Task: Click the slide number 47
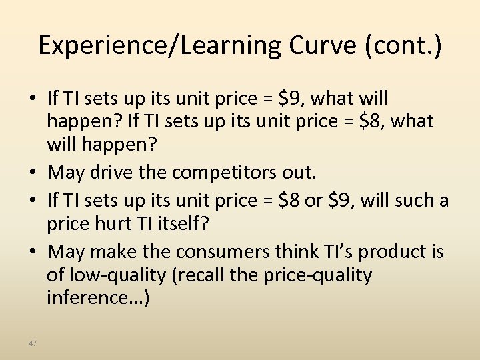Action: tap(33, 343)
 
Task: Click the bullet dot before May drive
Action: tap(33, 173)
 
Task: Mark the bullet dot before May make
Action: tap(33, 252)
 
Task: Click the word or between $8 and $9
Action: tap(308, 199)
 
